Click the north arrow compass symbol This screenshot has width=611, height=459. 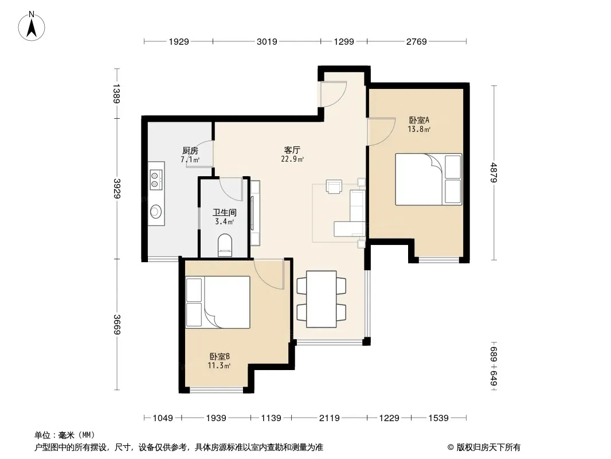32,26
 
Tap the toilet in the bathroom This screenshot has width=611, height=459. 225,246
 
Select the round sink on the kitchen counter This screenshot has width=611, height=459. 156,212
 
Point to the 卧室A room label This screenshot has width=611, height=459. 419,120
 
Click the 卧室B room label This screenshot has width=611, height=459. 220,356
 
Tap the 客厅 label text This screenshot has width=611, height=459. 292,150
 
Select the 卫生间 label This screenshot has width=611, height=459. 225,212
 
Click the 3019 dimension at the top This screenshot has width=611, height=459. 267,41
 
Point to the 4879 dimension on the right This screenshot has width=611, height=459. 493,172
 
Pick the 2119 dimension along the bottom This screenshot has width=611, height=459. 329,418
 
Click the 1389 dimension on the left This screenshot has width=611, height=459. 116,94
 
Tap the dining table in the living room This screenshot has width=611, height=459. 322,299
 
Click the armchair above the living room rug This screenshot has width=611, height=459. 334,186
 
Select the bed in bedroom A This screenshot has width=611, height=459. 428,179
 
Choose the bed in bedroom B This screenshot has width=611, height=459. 218,302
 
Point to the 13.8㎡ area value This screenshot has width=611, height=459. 419,129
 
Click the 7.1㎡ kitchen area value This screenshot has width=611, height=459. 190,160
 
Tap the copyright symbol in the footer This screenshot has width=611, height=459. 451,448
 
